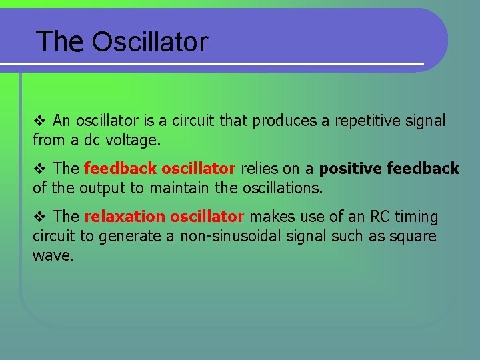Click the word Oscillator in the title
tap(150, 42)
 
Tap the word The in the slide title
tap(60, 42)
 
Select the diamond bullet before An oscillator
tap(38, 121)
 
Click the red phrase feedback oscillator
tap(159, 169)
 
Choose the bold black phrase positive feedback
tap(389, 169)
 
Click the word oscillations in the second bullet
tap(274, 188)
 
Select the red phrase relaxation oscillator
tap(164, 217)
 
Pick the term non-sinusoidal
tap(227, 236)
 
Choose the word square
tap(413, 237)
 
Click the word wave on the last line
tap(52, 255)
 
